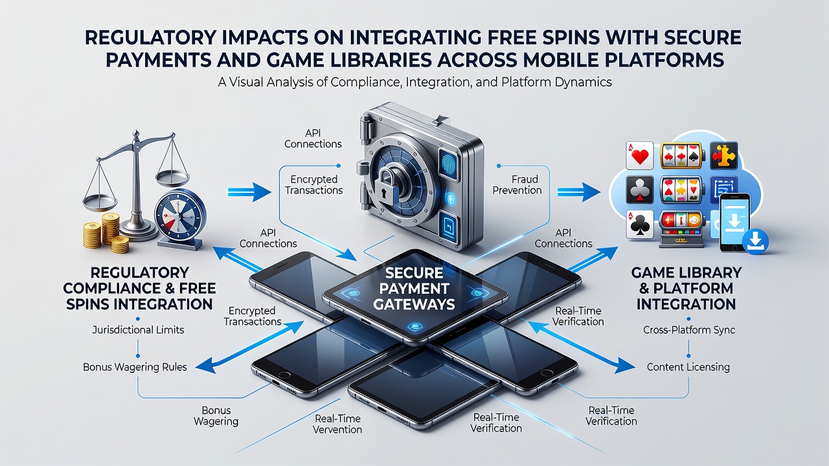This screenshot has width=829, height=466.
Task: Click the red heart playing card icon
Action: tap(639, 156)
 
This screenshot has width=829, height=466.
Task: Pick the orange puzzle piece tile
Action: tap(723, 156)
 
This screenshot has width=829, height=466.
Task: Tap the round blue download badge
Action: tap(755, 241)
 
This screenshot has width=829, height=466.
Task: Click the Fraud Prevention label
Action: tap(517, 185)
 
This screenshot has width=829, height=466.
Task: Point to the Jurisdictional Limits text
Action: tap(138, 329)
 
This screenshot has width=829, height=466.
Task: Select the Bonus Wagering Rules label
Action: tap(135, 367)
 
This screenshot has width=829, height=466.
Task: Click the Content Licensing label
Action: tap(688, 367)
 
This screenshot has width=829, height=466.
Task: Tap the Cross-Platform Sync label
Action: tap(688, 329)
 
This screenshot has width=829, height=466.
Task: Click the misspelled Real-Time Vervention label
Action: tap(337, 424)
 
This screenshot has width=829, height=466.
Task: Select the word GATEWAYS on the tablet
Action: tap(414, 304)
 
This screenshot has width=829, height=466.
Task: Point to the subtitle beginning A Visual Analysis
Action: tap(414, 82)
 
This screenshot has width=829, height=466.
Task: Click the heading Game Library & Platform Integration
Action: tap(686, 289)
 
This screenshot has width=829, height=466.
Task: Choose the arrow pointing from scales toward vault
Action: tap(249, 192)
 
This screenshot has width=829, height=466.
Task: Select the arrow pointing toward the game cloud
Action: tap(579, 192)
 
